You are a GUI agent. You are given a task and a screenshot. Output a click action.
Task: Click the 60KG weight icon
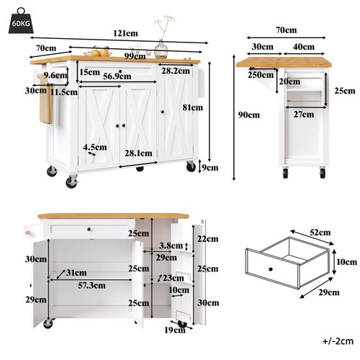tap(20, 21)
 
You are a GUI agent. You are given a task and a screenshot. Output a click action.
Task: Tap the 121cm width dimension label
tap(125, 33)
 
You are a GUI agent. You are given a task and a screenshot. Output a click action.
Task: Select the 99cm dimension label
tap(132, 55)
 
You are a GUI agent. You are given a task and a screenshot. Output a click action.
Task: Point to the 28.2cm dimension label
tap(176, 72)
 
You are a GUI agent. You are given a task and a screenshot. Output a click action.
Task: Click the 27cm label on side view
tap(304, 114)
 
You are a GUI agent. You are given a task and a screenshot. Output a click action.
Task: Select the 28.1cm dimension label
tap(139, 153)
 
